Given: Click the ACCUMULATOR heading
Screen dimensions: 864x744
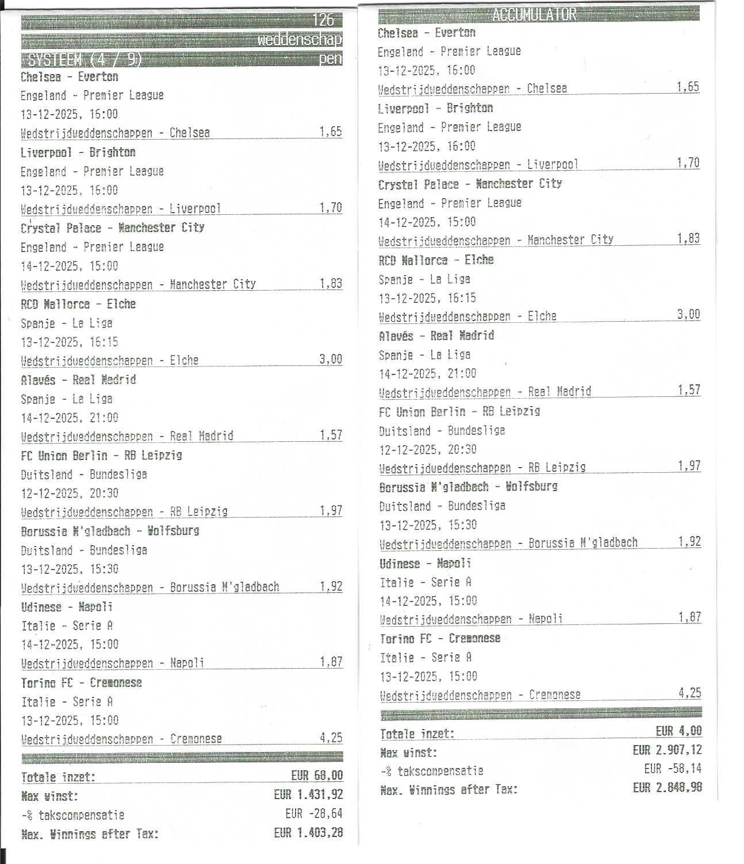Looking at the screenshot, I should (534, 15).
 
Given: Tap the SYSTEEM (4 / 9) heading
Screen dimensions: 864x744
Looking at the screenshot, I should (81, 60).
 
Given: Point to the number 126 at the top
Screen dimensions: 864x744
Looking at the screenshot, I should (323, 20).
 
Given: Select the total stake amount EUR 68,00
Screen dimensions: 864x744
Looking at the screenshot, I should (317, 776).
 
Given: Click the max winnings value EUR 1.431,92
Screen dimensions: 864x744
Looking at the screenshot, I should (308, 795).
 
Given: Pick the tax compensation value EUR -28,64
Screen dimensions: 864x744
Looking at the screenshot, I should (314, 814).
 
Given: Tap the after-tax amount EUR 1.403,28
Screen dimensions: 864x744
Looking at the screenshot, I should (308, 832).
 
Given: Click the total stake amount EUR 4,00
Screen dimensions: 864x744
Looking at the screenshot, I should (678, 731).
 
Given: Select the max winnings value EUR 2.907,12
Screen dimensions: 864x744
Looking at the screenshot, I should (667, 750).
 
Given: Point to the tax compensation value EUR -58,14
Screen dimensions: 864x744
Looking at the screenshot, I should (673, 769).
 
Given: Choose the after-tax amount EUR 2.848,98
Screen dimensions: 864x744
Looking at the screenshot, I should (667, 788).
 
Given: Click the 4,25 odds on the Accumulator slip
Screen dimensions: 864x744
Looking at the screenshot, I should (689, 693).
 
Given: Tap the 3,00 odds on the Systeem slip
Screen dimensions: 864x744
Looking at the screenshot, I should (331, 360).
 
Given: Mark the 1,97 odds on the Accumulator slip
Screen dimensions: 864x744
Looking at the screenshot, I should (689, 465).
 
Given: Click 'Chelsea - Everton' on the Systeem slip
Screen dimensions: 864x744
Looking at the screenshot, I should (70, 77).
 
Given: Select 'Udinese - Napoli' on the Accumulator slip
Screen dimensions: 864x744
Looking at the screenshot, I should (425, 564).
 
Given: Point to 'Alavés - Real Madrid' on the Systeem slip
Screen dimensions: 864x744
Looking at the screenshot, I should (78, 380).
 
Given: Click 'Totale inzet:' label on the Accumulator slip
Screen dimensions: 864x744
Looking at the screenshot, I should (417, 734).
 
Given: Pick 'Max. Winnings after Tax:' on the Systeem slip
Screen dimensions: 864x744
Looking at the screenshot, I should (90, 834).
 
